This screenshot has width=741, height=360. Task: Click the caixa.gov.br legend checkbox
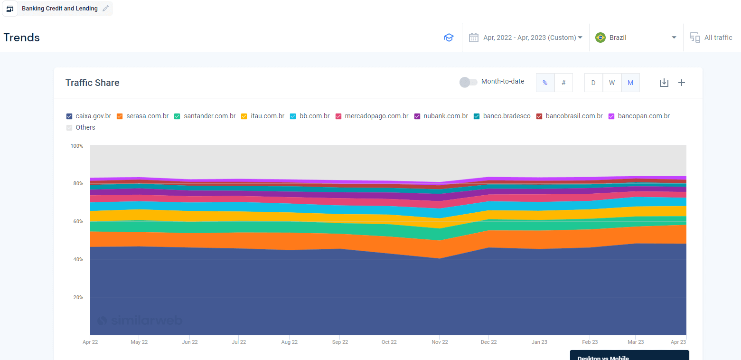click(x=69, y=116)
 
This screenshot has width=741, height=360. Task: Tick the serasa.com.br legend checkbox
click(x=120, y=116)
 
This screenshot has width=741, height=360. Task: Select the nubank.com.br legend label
click(x=446, y=116)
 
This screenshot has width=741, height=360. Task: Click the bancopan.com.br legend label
click(x=644, y=116)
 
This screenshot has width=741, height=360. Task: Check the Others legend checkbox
click(x=69, y=128)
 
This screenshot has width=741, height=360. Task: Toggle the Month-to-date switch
click(x=469, y=82)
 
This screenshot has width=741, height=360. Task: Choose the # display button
click(x=563, y=83)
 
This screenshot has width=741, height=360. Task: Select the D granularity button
click(x=593, y=83)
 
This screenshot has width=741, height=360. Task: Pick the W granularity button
click(x=612, y=83)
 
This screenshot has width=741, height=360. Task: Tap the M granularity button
click(x=630, y=83)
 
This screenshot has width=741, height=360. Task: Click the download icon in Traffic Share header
click(x=664, y=83)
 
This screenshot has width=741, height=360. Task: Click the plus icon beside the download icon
click(x=682, y=83)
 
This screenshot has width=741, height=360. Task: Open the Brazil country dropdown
click(x=636, y=38)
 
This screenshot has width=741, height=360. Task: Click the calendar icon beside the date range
click(x=474, y=38)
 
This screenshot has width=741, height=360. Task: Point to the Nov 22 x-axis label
click(x=440, y=342)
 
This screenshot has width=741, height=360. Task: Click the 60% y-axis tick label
click(x=78, y=221)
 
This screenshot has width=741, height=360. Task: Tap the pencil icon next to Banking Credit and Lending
click(x=105, y=8)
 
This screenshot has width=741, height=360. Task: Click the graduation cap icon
click(x=449, y=38)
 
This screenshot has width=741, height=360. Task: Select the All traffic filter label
click(x=718, y=38)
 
